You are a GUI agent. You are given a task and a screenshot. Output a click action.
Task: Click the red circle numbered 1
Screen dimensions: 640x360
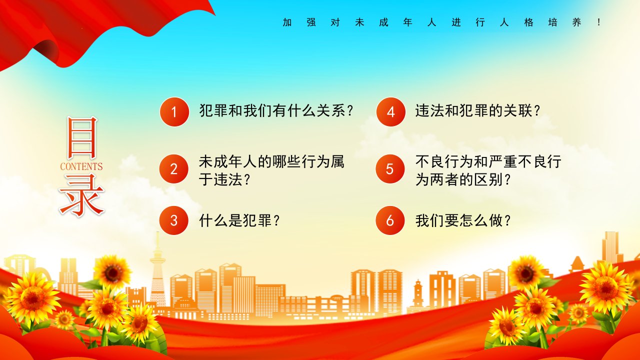pyautogui.click(x=174, y=111)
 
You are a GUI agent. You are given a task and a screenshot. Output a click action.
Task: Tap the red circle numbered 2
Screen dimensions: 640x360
pyautogui.click(x=173, y=169)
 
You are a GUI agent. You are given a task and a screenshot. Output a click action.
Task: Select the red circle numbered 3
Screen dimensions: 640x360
pyautogui.click(x=173, y=220)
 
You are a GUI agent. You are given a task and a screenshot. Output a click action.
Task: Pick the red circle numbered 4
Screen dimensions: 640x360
pyautogui.click(x=390, y=111)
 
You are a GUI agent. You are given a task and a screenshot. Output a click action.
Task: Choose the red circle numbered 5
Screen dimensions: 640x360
pyautogui.click(x=390, y=169)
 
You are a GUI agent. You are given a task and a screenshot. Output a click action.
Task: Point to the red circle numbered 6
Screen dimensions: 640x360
pyautogui.click(x=390, y=220)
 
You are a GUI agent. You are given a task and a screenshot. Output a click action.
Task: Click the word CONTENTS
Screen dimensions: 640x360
pyautogui.click(x=81, y=166)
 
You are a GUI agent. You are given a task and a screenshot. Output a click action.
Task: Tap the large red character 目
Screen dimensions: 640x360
pyautogui.click(x=82, y=137)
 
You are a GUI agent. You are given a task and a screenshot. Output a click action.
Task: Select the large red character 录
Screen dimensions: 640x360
pyautogui.click(x=81, y=195)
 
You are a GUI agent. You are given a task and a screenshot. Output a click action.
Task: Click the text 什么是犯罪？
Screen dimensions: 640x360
pyautogui.click(x=239, y=220)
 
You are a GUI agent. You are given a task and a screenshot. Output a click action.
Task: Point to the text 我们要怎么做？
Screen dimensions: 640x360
pyautogui.click(x=463, y=220)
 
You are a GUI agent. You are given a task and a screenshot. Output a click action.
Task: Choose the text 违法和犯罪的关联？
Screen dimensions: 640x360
pyautogui.click(x=477, y=111)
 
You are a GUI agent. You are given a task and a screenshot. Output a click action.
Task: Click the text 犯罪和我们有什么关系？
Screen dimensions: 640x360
pyautogui.click(x=276, y=111)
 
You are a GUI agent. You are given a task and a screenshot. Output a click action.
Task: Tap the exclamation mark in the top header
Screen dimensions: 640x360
pyautogui.click(x=599, y=22)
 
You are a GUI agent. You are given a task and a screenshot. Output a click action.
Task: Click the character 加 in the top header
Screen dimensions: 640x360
pyautogui.click(x=287, y=22)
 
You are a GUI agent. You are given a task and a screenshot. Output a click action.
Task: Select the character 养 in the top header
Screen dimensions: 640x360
pyautogui.click(x=577, y=22)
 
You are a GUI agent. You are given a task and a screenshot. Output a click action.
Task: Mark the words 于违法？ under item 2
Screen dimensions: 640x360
pyautogui.click(x=225, y=179)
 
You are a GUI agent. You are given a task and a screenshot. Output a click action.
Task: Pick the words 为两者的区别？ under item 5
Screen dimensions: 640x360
pyautogui.click(x=463, y=179)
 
